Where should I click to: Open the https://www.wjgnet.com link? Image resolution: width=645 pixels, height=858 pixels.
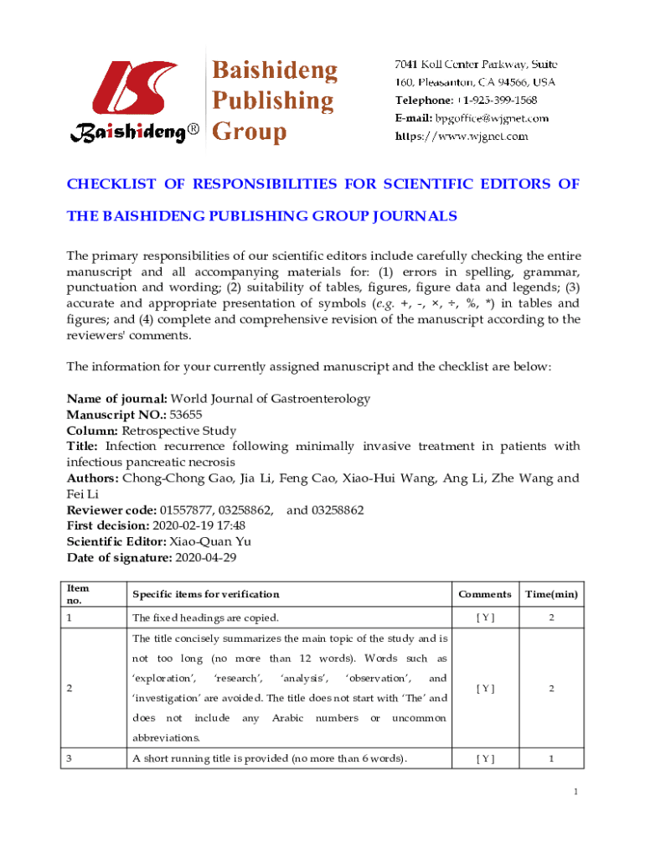click(462, 136)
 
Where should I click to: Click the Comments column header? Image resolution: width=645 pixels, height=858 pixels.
click(484, 594)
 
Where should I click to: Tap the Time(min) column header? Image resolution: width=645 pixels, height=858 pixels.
click(550, 594)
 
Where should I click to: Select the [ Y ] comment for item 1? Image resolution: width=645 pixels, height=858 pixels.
click(484, 618)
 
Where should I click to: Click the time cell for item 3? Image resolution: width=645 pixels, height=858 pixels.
click(550, 759)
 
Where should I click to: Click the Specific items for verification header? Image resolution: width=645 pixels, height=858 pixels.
click(206, 594)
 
